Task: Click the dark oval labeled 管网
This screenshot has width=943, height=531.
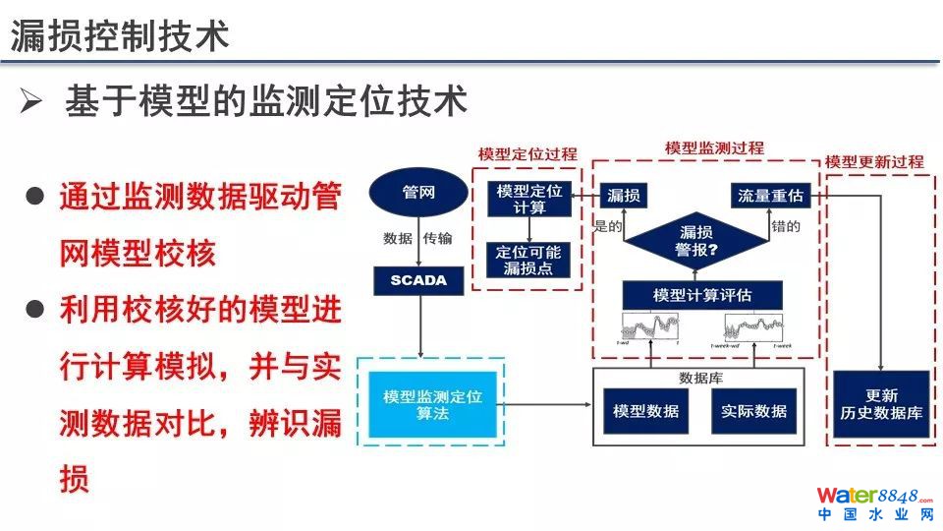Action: click(x=419, y=193)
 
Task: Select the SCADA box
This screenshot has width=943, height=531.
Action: click(x=418, y=280)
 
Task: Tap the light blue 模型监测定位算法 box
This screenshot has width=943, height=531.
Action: click(x=432, y=404)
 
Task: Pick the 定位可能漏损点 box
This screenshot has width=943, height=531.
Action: click(x=528, y=260)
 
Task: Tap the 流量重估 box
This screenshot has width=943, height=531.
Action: click(x=770, y=196)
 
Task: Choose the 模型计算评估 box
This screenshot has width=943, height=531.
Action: click(x=701, y=294)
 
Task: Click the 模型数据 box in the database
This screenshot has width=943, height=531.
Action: click(x=645, y=411)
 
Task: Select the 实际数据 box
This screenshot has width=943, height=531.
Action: click(x=753, y=411)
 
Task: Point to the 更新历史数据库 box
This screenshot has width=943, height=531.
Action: click(x=881, y=404)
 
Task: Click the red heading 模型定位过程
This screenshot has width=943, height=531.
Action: click(x=527, y=154)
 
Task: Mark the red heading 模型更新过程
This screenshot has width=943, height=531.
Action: click(x=874, y=160)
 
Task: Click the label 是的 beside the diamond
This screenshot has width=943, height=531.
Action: click(x=609, y=226)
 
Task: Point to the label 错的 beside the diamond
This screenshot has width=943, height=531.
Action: click(x=786, y=226)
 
